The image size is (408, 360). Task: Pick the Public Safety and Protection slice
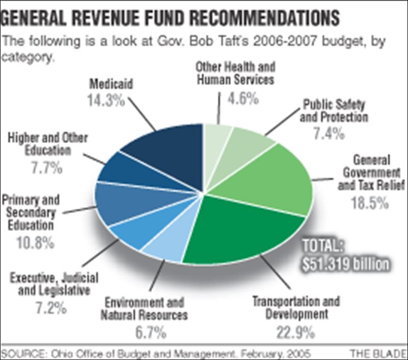pos(242,148)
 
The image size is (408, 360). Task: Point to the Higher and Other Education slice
pos(122,173)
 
